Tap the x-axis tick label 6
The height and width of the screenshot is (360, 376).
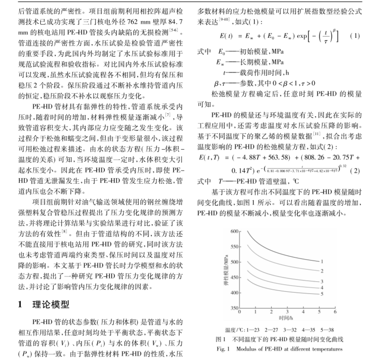click(x=335, y=313)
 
